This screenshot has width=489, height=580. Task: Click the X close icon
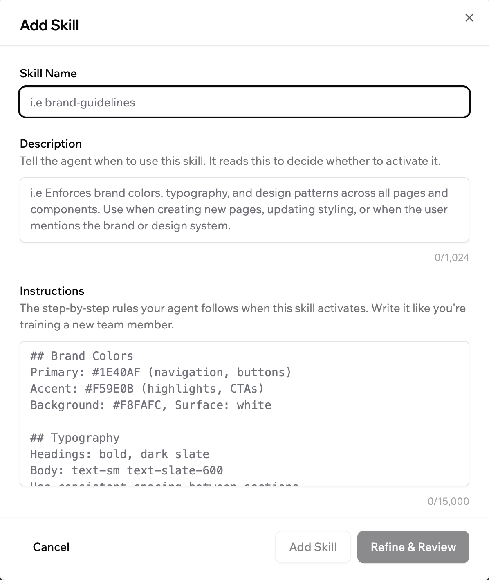[469, 18]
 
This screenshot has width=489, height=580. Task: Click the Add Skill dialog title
[49, 25]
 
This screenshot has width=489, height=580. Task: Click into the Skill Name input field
[244, 102]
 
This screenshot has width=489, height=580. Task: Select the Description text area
[244, 209]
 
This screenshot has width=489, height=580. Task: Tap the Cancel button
[51, 547]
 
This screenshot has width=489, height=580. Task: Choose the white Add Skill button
[313, 547]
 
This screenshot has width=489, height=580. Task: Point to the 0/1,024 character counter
[451, 257]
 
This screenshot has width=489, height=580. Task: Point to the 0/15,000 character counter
[448, 501]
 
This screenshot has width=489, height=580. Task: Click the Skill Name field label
[48, 73]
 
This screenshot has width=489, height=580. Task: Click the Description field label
[51, 144]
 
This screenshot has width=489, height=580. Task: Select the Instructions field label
[52, 291]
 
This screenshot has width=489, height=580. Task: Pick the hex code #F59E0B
[109, 389]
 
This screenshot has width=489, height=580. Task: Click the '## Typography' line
[75, 438]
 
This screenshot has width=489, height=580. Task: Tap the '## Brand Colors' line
[82, 356]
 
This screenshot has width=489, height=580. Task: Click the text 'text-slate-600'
[175, 470]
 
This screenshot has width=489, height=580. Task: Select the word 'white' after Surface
[254, 405]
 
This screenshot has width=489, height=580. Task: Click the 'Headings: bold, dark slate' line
[120, 454]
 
